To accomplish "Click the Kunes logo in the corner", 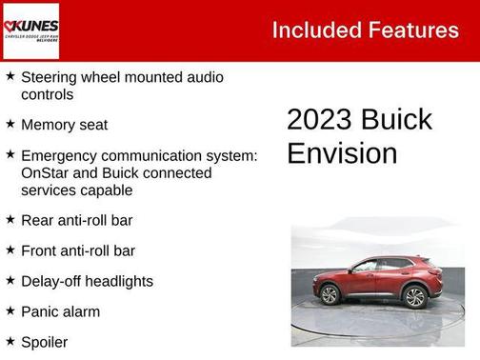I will (x=31, y=30).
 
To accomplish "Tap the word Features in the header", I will (x=415, y=30).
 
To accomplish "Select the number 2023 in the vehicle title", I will (x=319, y=120).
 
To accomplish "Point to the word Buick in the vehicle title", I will (x=396, y=120).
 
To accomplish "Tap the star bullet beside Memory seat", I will (x=10, y=124).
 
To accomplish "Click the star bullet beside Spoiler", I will (x=10, y=340).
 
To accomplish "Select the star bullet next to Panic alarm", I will (x=10, y=310).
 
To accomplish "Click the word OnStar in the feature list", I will (x=46, y=173).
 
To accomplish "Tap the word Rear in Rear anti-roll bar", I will (x=37, y=220).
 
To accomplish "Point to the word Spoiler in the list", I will (x=45, y=341).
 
